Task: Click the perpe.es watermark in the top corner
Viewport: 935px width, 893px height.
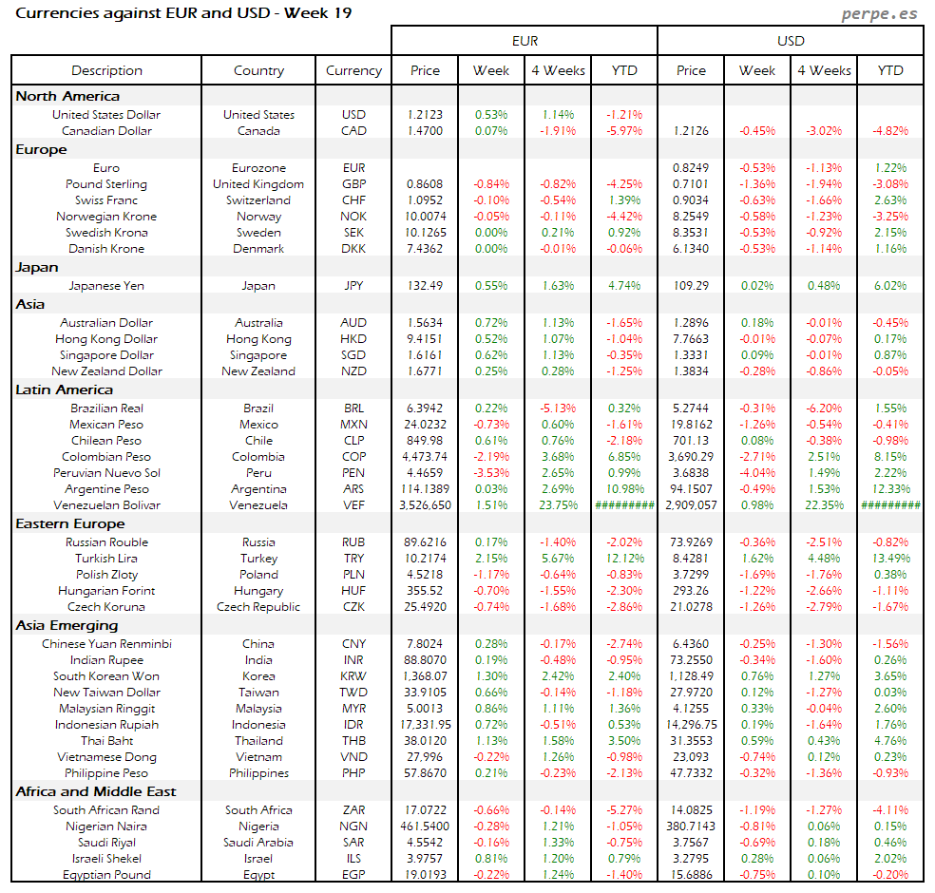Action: [881, 14]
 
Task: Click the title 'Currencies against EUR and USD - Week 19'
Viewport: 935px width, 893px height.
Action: [184, 13]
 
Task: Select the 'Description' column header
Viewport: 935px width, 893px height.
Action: [106, 70]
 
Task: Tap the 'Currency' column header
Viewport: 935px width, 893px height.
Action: [353, 70]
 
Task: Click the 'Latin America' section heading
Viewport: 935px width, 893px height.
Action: [64, 389]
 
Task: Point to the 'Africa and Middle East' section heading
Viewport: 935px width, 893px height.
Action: [96, 791]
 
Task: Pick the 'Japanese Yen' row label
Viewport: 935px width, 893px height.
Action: [106, 285]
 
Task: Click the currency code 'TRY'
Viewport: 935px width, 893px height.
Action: [353, 559]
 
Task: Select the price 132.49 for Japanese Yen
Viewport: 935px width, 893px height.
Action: [426, 285]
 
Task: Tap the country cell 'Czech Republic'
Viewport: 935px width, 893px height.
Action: [258, 607]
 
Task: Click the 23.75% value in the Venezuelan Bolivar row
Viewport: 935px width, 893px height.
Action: [558, 505]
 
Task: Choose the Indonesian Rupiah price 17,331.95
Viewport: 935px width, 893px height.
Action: [426, 725]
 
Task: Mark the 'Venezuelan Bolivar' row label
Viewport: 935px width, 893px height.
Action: [106, 505]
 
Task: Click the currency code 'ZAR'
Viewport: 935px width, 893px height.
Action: [353, 810]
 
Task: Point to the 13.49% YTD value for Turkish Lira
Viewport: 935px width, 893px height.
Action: [890, 559]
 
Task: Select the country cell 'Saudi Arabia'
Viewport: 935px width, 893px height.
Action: [258, 843]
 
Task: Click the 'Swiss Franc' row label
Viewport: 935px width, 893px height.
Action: [106, 200]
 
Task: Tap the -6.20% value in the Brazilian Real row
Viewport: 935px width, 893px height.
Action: [824, 408]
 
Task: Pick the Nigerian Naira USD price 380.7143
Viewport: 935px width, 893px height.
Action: [691, 826]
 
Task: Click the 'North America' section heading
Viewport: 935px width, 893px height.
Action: [67, 96]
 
